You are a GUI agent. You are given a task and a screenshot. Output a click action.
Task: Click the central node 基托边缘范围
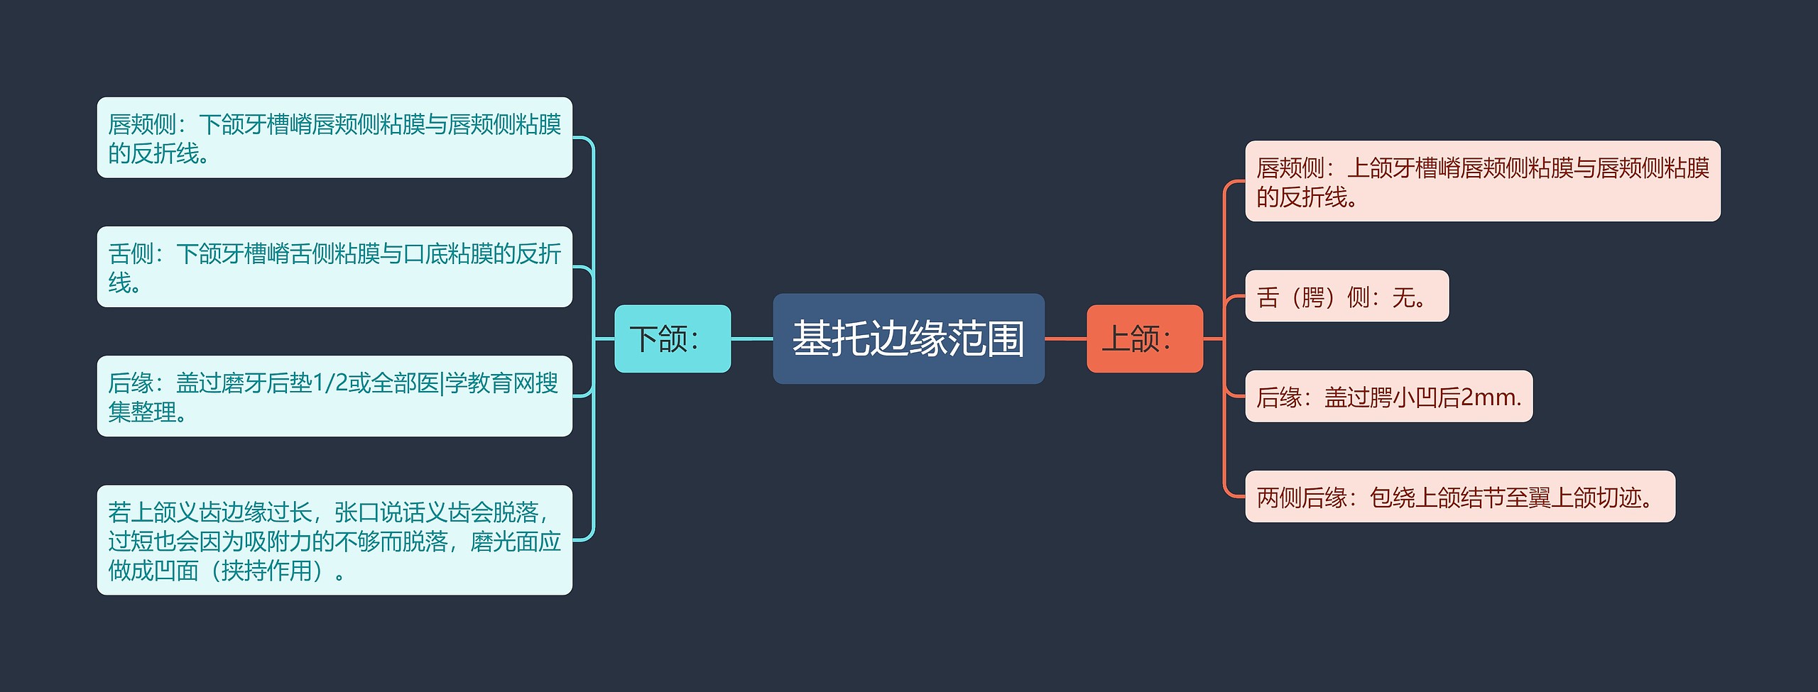908,339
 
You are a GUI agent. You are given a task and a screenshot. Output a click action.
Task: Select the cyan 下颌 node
672,339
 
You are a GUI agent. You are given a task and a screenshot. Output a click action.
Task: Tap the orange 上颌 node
1144,339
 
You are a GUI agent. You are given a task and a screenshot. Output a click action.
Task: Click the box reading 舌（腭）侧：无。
1346,296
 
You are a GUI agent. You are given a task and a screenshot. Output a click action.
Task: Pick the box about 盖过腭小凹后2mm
1388,396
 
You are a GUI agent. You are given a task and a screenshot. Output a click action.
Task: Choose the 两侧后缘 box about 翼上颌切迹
1459,497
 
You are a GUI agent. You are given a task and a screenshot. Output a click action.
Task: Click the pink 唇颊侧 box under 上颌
1482,181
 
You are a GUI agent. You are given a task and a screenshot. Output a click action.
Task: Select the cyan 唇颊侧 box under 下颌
334,138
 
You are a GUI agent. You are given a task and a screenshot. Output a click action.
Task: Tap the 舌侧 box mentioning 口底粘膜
334,267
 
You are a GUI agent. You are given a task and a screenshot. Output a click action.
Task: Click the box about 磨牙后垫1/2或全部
334,396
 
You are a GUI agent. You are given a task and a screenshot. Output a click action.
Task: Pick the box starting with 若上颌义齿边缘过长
334,540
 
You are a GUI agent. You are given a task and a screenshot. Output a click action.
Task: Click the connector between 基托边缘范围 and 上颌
1065,339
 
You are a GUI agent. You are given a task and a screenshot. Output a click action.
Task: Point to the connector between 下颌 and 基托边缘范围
751,339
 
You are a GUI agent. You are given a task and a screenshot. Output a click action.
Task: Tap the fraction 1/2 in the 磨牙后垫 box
330,383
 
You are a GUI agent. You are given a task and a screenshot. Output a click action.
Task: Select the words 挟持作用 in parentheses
267,570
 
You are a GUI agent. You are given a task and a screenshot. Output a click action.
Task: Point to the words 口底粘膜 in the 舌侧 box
447,253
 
